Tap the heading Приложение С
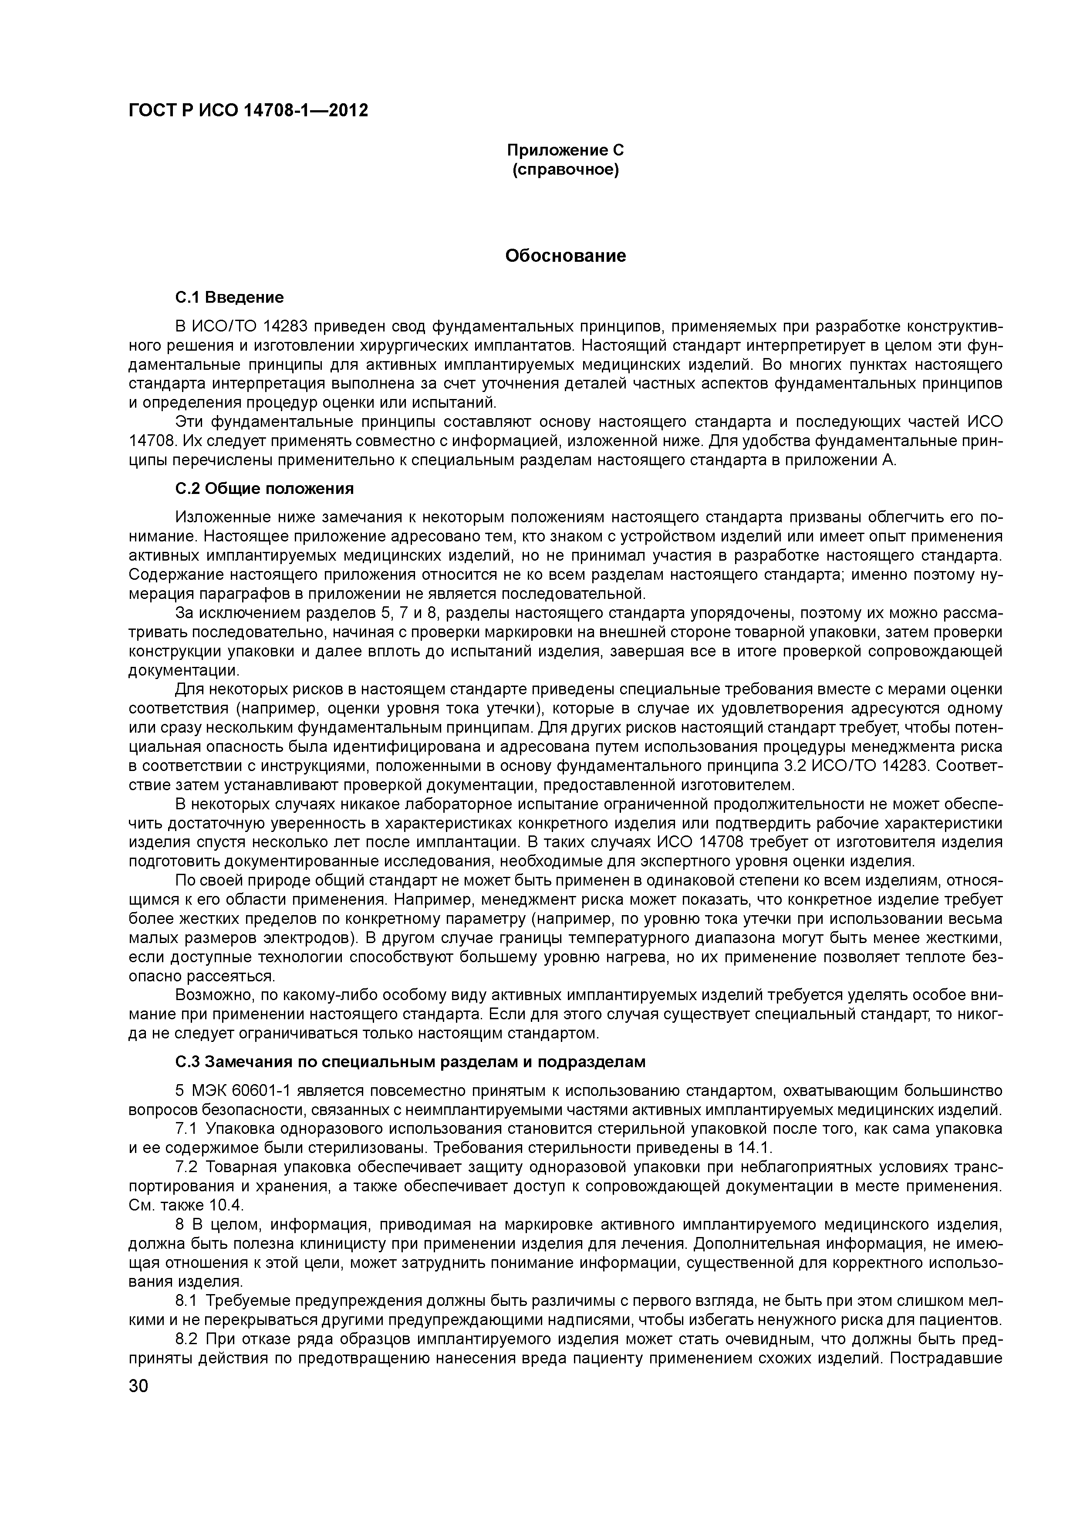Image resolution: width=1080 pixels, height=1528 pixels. [566, 150]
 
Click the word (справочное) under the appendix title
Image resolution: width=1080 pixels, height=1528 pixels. [566, 170]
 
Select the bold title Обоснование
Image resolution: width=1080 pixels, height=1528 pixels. [566, 256]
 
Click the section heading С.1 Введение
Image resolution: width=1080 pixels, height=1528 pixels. [229, 297]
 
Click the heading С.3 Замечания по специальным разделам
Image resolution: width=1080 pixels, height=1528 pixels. [410, 1062]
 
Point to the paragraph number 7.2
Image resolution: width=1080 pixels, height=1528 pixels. [186, 1168]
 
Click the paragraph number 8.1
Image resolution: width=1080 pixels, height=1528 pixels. [186, 1302]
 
